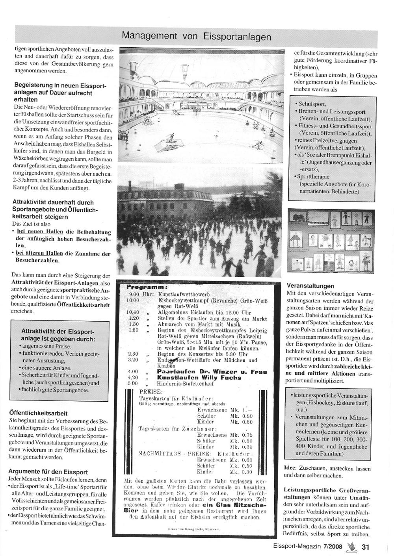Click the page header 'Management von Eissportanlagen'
196,36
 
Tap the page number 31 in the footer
365,547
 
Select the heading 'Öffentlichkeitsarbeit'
38,413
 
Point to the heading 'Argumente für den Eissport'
48,472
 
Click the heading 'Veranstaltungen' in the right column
310,286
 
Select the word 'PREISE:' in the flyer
151,392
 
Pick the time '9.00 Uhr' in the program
141,294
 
